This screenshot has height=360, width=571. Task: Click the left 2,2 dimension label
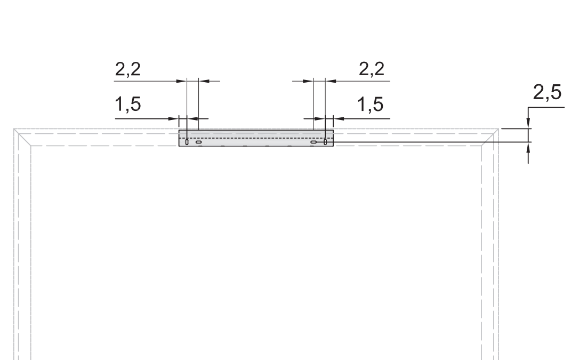click(128, 69)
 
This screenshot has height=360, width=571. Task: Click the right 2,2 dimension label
click(372, 69)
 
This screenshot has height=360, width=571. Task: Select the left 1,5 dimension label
click(128, 104)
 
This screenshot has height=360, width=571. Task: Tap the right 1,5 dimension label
click(371, 104)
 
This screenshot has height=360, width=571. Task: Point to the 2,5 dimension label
click(548, 92)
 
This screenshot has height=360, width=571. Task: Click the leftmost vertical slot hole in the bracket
click(187, 142)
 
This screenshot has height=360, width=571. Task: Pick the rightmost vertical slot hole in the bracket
click(325, 142)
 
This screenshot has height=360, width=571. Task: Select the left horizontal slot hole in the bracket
click(198, 142)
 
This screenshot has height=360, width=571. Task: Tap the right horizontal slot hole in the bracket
click(313, 142)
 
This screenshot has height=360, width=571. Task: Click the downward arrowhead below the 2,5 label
click(528, 123)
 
